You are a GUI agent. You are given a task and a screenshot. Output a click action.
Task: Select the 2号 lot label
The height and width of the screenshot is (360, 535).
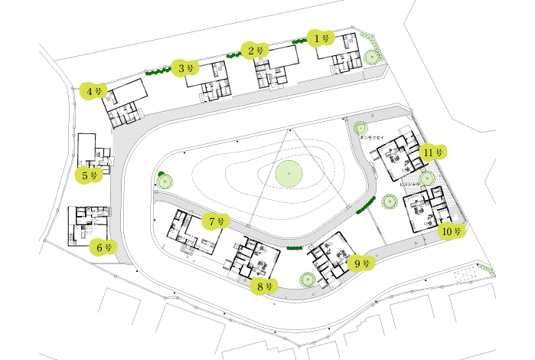(x=256, y=51)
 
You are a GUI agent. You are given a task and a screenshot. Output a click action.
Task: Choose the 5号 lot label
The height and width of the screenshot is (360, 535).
(x=90, y=175)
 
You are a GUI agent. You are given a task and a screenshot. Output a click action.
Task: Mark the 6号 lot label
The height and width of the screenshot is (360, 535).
(x=104, y=247)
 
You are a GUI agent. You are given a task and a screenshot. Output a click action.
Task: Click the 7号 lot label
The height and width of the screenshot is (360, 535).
(x=216, y=221)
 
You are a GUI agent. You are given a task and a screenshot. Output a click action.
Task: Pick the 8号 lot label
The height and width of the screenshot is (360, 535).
(x=265, y=286)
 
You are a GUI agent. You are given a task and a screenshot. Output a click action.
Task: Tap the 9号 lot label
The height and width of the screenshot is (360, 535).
(x=362, y=263)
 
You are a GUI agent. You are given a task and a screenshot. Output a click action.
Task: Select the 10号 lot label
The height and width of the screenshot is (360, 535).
(x=452, y=231)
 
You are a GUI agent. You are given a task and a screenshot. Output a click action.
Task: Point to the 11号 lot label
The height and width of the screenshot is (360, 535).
(x=433, y=152)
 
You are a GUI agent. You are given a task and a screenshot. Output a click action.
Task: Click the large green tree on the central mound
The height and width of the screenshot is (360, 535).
(x=288, y=175)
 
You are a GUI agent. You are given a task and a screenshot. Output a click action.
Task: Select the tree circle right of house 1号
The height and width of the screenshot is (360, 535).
(x=372, y=55)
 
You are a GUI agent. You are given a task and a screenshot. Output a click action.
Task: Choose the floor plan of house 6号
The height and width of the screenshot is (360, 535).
(x=86, y=223)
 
